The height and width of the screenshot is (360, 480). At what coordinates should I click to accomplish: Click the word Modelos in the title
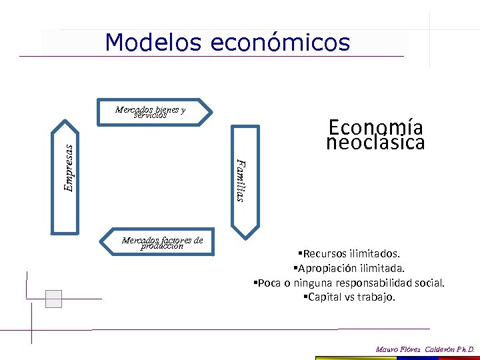pyautogui.click(x=153, y=43)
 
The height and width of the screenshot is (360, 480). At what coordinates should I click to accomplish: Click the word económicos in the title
pyautogui.click(x=280, y=43)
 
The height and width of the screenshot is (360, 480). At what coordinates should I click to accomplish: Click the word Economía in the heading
pyautogui.click(x=376, y=127)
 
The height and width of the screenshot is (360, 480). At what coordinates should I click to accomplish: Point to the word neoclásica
pyautogui.click(x=376, y=143)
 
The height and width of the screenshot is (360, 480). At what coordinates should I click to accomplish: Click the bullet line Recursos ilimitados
pyautogui.click(x=349, y=253)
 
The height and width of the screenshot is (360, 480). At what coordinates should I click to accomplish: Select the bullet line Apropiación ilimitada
pyautogui.click(x=348, y=268)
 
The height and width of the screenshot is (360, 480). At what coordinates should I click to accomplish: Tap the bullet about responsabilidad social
pyautogui.click(x=349, y=283)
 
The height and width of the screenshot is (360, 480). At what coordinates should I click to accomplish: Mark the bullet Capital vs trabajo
pyautogui.click(x=349, y=297)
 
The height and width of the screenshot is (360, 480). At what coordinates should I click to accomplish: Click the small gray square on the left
pyautogui.click(x=53, y=299)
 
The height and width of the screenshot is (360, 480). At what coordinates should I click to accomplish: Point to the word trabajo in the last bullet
pyautogui.click(x=377, y=297)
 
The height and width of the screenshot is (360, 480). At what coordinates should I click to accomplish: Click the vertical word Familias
pyautogui.click(x=241, y=180)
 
